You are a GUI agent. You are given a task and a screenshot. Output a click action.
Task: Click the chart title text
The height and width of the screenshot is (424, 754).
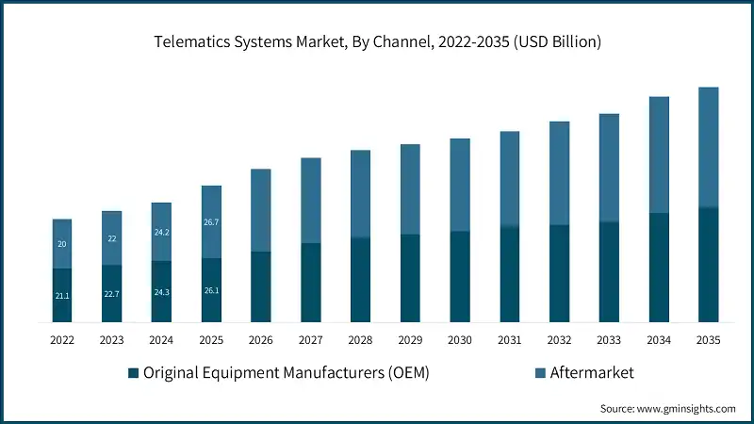click(377, 41)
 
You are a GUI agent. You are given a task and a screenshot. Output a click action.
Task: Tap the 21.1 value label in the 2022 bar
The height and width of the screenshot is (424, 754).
click(62, 296)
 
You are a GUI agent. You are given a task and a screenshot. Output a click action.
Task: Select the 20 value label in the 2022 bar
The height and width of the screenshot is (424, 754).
click(62, 244)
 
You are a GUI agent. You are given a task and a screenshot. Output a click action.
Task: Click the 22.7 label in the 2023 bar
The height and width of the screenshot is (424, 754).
click(112, 294)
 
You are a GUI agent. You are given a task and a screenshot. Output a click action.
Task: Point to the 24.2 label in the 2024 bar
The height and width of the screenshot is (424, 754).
click(161, 232)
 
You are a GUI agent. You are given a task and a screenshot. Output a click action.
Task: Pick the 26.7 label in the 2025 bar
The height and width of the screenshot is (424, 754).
click(211, 222)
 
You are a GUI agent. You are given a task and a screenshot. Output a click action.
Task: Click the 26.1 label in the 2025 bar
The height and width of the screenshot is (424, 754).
click(211, 290)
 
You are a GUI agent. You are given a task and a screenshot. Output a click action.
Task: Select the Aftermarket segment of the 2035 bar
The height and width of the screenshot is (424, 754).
click(708, 147)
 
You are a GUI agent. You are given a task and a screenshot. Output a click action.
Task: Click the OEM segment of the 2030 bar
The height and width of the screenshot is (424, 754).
click(460, 276)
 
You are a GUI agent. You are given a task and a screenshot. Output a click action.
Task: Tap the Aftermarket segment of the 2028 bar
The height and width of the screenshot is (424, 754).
click(360, 193)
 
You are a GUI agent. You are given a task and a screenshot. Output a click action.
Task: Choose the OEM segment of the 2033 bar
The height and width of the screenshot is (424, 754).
click(609, 271)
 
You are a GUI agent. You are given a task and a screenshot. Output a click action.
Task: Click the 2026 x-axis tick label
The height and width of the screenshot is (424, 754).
click(261, 340)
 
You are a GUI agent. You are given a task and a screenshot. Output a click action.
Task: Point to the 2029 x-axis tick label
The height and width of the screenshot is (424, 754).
click(410, 340)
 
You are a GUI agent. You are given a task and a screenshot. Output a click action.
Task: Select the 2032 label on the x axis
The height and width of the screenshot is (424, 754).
click(559, 340)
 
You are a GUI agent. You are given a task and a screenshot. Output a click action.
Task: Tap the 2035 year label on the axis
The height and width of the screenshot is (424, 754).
click(708, 340)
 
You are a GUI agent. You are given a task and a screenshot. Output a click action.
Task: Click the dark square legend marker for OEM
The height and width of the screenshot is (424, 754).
click(134, 373)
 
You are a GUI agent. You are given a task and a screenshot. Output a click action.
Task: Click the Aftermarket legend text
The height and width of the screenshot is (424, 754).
click(593, 373)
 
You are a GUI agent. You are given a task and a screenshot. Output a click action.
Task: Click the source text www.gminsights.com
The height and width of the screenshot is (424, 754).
click(668, 409)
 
